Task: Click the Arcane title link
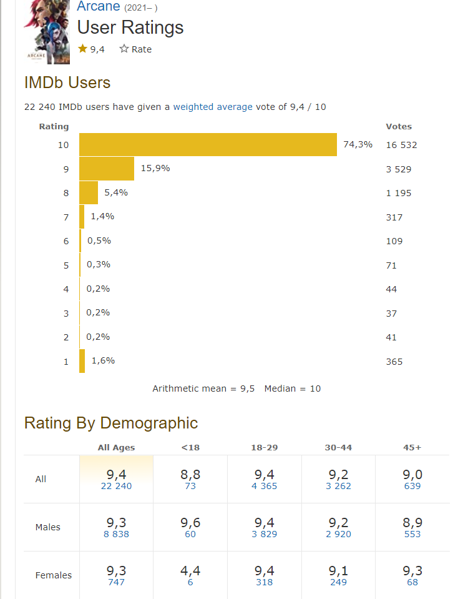pos(99,7)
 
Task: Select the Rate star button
pos(135,49)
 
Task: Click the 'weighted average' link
pos(213,107)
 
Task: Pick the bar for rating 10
pos(208,145)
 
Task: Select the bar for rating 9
pos(107,169)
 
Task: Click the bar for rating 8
pos(89,193)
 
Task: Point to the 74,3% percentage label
pos(358,145)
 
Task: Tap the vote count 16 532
pos(401,145)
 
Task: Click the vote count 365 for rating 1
pos(394,362)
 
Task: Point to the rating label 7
pos(66,217)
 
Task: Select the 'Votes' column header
pos(399,126)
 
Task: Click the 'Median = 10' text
pos(292,389)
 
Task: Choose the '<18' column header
pos(190,447)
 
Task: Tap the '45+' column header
pos(412,447)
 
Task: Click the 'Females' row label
pos(54,575)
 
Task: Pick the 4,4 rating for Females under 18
pos(190,572)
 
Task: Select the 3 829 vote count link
pos(265,534)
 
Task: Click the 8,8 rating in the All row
pos(190,475)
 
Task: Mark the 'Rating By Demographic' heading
pos(111,423)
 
